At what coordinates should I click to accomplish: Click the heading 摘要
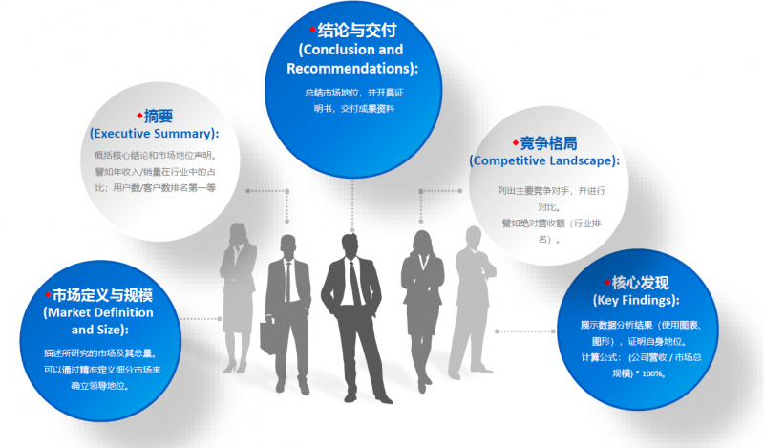coord(159,116)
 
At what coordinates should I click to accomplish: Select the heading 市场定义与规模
coord(102,294)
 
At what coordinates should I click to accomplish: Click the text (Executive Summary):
coord(154,133)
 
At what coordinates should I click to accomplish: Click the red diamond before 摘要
coord(140,115)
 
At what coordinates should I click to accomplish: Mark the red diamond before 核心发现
coord(606,282)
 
